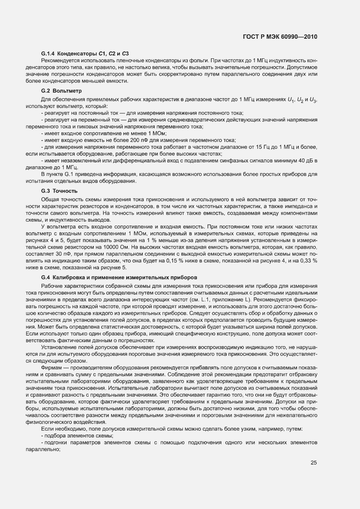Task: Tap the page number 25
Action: [x=313, y=462]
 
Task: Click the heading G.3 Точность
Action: [x=59, y=191]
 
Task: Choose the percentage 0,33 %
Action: [x=307, y=260]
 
